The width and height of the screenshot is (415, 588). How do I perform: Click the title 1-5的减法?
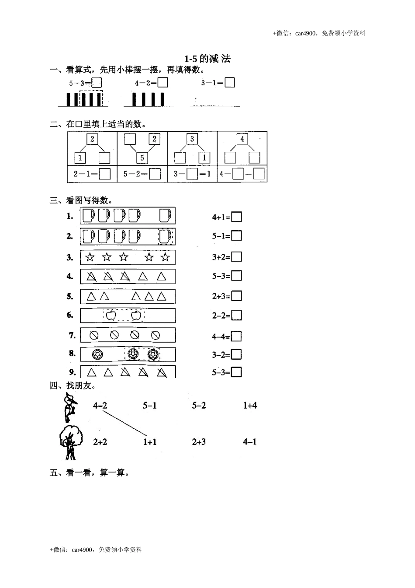point(207,59)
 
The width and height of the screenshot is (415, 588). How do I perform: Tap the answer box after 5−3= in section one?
point(97,83)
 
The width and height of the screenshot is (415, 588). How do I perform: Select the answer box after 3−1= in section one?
point(230,83)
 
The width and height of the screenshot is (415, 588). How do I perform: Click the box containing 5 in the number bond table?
point(142,157)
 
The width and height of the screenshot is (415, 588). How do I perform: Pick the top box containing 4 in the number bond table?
point(242,139)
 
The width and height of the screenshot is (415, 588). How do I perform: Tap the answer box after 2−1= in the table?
point(105,174)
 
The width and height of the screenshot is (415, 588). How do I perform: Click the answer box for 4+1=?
point(236,217)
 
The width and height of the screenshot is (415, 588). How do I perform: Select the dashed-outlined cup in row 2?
point(166,236)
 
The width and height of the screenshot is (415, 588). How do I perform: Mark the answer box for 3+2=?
point(236,257)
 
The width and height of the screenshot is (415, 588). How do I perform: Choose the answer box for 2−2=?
point(236,315)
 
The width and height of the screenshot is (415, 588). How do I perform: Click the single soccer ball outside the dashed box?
point(97,354)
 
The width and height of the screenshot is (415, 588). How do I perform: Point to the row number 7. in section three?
point(73,336)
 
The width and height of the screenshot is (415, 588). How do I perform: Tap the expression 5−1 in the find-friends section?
point(149,406)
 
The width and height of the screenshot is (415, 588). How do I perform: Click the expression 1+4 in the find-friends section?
point(250,406)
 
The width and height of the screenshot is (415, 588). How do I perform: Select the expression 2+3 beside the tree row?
point(199,442)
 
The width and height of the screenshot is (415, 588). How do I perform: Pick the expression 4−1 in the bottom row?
point(250,442)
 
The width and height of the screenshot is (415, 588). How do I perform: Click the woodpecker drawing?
point(69,407)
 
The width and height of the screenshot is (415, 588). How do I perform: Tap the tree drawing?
point(70,442)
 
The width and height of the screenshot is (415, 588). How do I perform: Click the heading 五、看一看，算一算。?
point(90,473)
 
